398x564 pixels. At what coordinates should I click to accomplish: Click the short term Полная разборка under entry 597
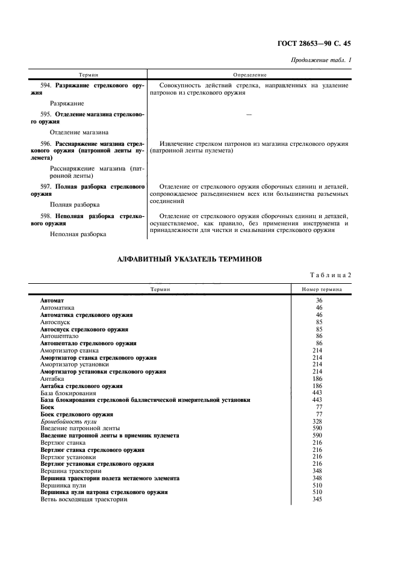(75, 205)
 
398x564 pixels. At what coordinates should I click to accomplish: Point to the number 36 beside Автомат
(319, 299)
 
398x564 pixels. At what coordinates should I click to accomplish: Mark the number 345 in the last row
(319, 500)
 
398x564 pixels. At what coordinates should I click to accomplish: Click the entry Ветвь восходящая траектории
(84, 500)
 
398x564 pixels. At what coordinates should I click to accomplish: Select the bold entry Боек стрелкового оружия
(76, 415)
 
